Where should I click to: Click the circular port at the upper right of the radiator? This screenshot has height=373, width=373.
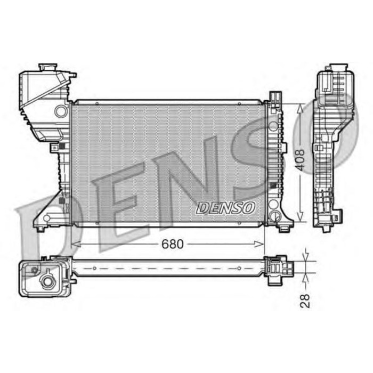(273, 125)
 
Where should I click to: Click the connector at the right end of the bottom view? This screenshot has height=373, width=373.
(277, 266)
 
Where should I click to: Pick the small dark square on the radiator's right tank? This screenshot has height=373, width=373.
(273, 185)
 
